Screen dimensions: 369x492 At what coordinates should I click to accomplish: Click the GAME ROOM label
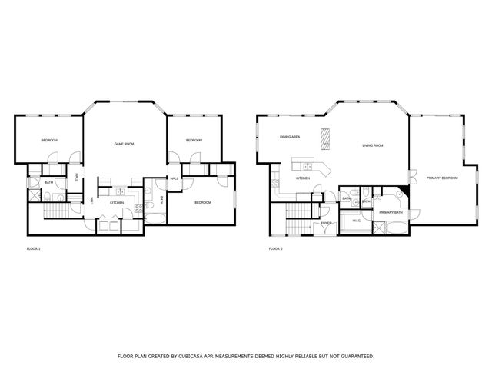(x=125, y=144)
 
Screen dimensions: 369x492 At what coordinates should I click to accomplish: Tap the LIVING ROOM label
(x=373, y=145)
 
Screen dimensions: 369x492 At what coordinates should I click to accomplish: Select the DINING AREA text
(x=290, y=137)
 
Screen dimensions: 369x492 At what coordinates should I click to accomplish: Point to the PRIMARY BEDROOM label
(x=442, y=178)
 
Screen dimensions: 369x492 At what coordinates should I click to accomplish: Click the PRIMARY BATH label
(x=392, y=211)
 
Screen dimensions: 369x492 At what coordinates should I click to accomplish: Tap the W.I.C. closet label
(x=356, y=221)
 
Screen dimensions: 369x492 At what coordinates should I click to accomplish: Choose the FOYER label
(x=327, y=224)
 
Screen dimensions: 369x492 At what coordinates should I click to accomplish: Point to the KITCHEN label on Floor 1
(x=117, y=203)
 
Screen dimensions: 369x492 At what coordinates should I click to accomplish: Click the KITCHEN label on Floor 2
(x=303, y=178)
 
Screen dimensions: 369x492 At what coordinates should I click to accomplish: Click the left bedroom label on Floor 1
(x=49, y=140)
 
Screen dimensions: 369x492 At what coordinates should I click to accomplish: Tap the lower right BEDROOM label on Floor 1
(x=202, y=202)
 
